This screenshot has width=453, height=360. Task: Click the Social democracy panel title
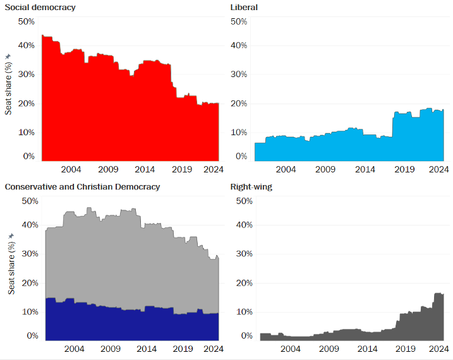tap(40, 7)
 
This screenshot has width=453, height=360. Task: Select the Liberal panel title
tap(245, 7)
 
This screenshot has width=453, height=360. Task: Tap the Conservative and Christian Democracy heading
tap(82, 186)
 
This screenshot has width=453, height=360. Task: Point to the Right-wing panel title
tap(252, 186)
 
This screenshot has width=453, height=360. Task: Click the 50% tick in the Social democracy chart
tap(27, 21)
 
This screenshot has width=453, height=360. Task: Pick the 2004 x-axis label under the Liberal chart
tap(286, 169)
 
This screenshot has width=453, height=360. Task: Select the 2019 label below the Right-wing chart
tap(404, 349)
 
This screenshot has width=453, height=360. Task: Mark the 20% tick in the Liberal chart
tap(238, 104)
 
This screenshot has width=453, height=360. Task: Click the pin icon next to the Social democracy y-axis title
tap(8, 57)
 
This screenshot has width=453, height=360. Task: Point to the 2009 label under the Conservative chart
tap(111, 349)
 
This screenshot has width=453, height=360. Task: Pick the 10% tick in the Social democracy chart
tap(27, 133)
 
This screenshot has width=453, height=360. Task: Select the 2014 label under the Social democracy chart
tap(145, 169)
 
